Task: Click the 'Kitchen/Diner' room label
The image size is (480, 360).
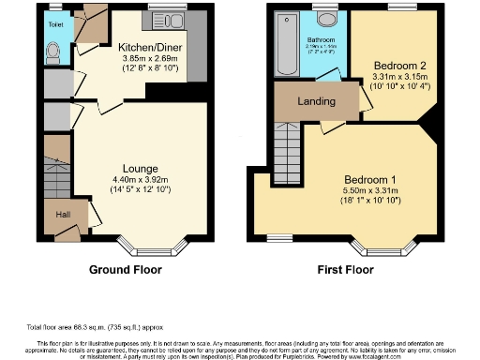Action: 143,45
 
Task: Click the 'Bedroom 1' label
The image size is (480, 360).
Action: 369,180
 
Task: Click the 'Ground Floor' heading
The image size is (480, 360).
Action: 125,270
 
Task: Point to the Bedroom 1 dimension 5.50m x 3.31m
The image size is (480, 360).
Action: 369,192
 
